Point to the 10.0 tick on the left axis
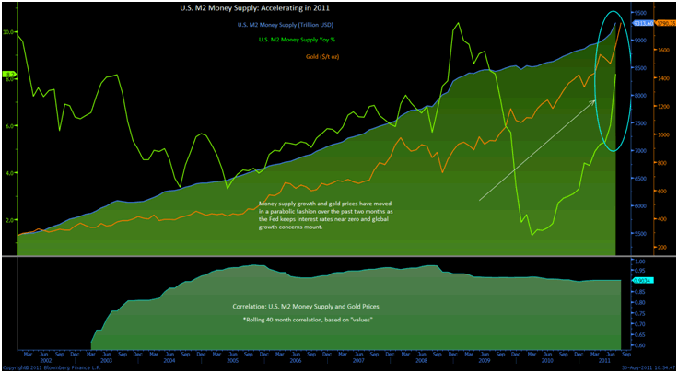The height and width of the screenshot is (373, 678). click(9, 31)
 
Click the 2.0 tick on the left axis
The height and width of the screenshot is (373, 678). click(10, 221)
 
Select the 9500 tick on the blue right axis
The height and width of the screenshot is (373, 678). click(638, 13)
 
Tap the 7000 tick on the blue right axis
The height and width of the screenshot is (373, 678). click(638, 150)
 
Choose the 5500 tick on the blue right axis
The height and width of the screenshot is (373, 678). click(638, 234)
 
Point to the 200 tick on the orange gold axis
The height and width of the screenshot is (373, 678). click(662, 248)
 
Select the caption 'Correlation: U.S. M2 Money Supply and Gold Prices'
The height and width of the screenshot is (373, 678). click(304, 305)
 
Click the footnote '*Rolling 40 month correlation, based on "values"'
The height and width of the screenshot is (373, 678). click(304, 319)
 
